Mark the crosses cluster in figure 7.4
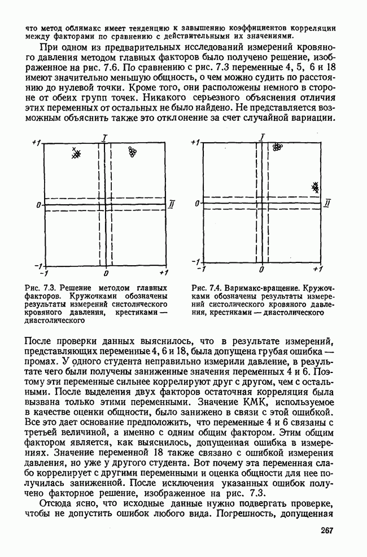point(317,187)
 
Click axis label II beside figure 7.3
point(172,203)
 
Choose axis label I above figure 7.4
point(263,136)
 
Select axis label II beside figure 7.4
point(328,203)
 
